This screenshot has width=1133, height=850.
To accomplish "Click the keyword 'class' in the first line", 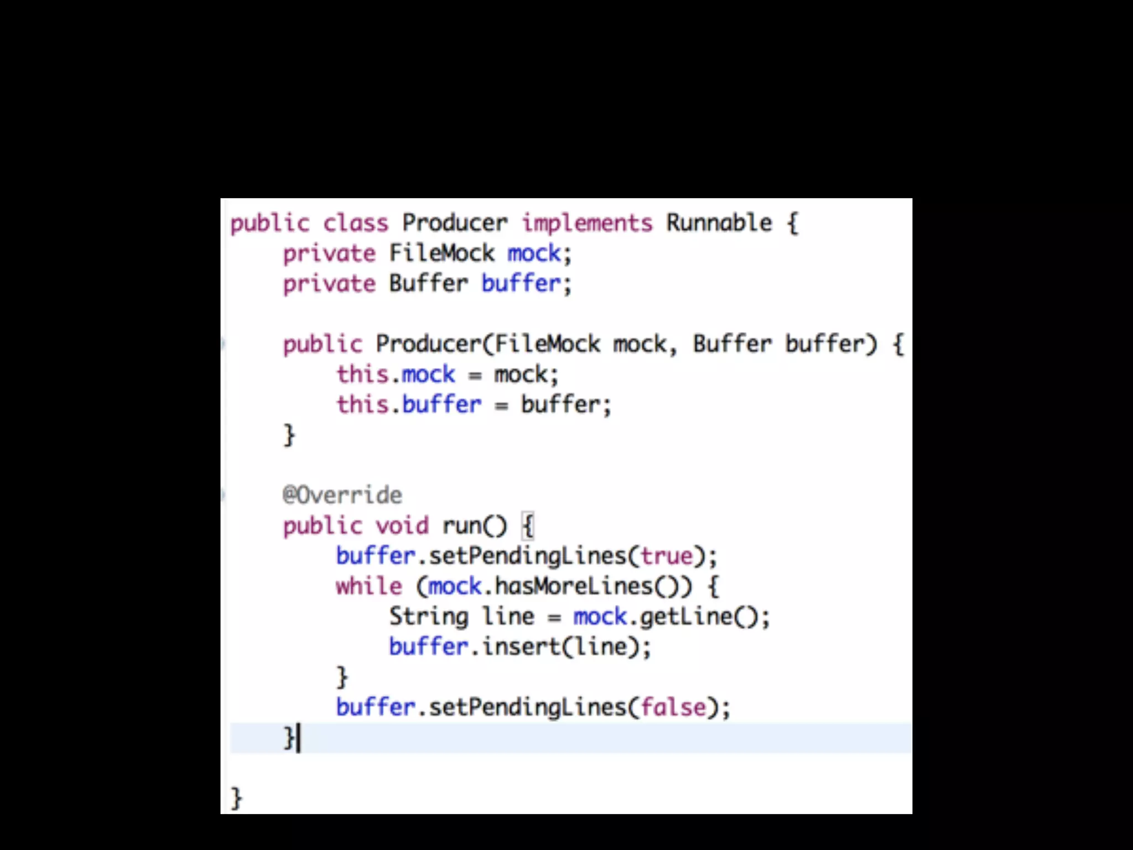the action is [356, 223].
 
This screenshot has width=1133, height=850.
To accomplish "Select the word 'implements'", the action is [587, 223].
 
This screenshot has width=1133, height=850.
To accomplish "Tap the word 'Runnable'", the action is [719, 223].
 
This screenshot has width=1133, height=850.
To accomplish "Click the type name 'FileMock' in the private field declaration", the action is [441, 253].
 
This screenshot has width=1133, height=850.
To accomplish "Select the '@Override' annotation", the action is [342, 495].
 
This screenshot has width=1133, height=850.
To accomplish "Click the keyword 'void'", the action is [402, 525].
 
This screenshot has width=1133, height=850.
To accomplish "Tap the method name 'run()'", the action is [474, 525].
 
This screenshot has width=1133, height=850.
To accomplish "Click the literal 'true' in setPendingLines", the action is [667, 556].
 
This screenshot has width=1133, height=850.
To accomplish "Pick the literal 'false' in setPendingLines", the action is [673, 707].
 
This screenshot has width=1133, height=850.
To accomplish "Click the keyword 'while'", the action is [369, 586].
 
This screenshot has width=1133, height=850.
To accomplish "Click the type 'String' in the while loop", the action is [429, 616].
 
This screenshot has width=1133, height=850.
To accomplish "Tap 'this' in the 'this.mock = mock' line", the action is [362, 375].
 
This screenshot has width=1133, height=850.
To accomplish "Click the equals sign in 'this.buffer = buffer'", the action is [501, 406].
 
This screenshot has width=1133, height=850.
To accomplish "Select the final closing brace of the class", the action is [236, 798].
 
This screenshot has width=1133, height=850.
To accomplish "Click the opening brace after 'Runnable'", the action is [793, 223].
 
